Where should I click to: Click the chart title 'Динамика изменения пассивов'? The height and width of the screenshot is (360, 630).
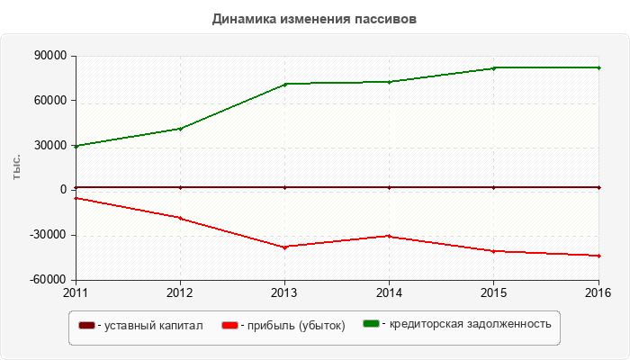[314, 19]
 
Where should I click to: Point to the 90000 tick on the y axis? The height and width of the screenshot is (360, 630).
[50, 56]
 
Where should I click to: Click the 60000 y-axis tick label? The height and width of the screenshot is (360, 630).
[50, 101]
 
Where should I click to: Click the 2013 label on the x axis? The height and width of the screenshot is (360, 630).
[284, 292]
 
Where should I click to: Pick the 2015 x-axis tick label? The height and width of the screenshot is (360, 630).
[493, 292]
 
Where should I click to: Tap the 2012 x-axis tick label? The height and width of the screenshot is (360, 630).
[180, 292]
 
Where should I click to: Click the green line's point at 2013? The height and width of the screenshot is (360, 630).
[284, 84]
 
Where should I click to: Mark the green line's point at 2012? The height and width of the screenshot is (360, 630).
[180, 129]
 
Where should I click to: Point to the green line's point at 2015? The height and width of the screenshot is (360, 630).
[493, 68]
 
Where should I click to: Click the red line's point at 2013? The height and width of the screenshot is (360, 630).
[284, 247]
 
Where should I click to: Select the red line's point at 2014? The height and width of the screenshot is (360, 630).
[389, 236]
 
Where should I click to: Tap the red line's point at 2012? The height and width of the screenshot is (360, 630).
[180, 218]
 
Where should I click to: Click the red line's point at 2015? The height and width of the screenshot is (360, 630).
[493, 251]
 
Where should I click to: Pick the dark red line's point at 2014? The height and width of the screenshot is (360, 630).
[389, 187]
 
